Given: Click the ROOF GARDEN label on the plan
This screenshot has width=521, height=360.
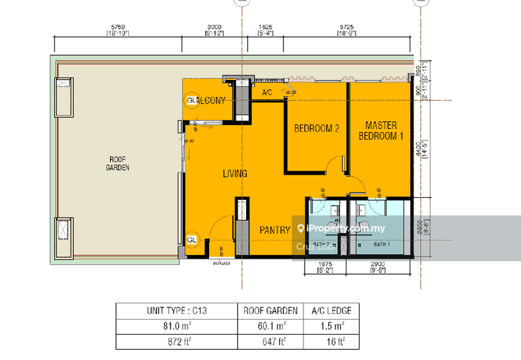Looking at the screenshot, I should tap(118, 163).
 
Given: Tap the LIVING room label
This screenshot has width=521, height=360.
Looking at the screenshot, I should tap(235, 174).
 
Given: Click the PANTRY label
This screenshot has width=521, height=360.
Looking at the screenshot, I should tap(275, 230).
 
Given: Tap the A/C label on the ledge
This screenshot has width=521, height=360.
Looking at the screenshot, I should tap(267, 94).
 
